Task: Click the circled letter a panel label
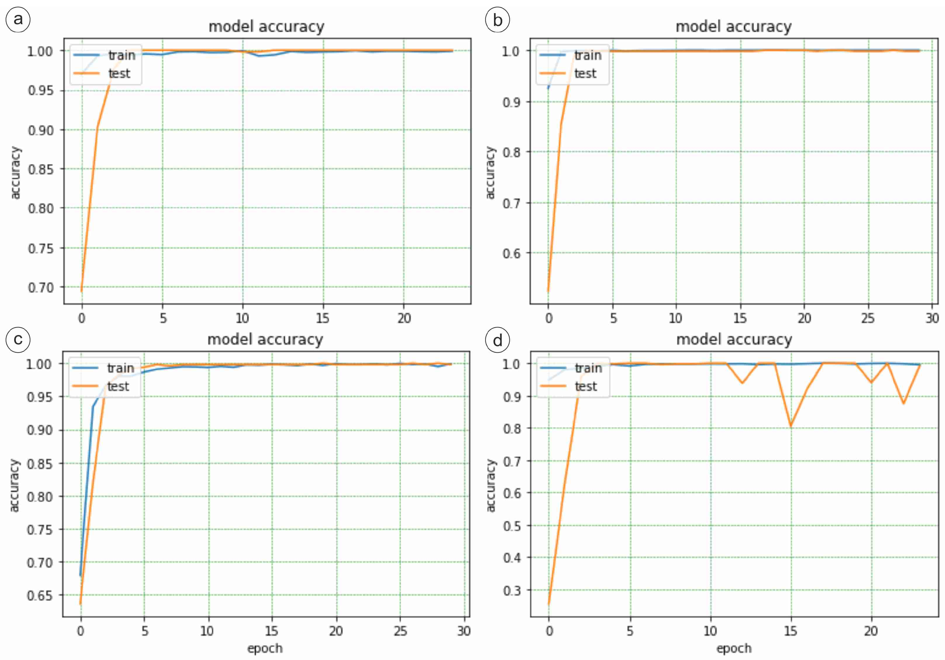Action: pyautogui.click(x=18, y=19)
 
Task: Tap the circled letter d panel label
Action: pyautogui.click(x=497, y=340)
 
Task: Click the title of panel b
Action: pyautogui.click(x=733, y=27)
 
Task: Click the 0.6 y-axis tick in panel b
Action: pyautogui.click(x=511, y=253)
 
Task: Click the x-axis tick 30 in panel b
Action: pyautogui.click(x=932, y=318)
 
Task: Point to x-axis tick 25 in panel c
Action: pyautogui.click(x=400, y=631)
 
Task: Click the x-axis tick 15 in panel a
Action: pyautogui.click(x=323, y=318)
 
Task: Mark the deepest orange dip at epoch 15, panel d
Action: pyautogui.click(x=791, y=426)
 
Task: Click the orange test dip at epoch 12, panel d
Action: pyautogui.click(x=742, y=383)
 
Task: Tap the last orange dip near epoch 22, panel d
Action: pyautogui.click(x=904, y=403)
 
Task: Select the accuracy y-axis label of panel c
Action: pyautogui.click(x=14, y=485)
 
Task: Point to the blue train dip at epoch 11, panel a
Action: pyautogui.click(x=259, y=55)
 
